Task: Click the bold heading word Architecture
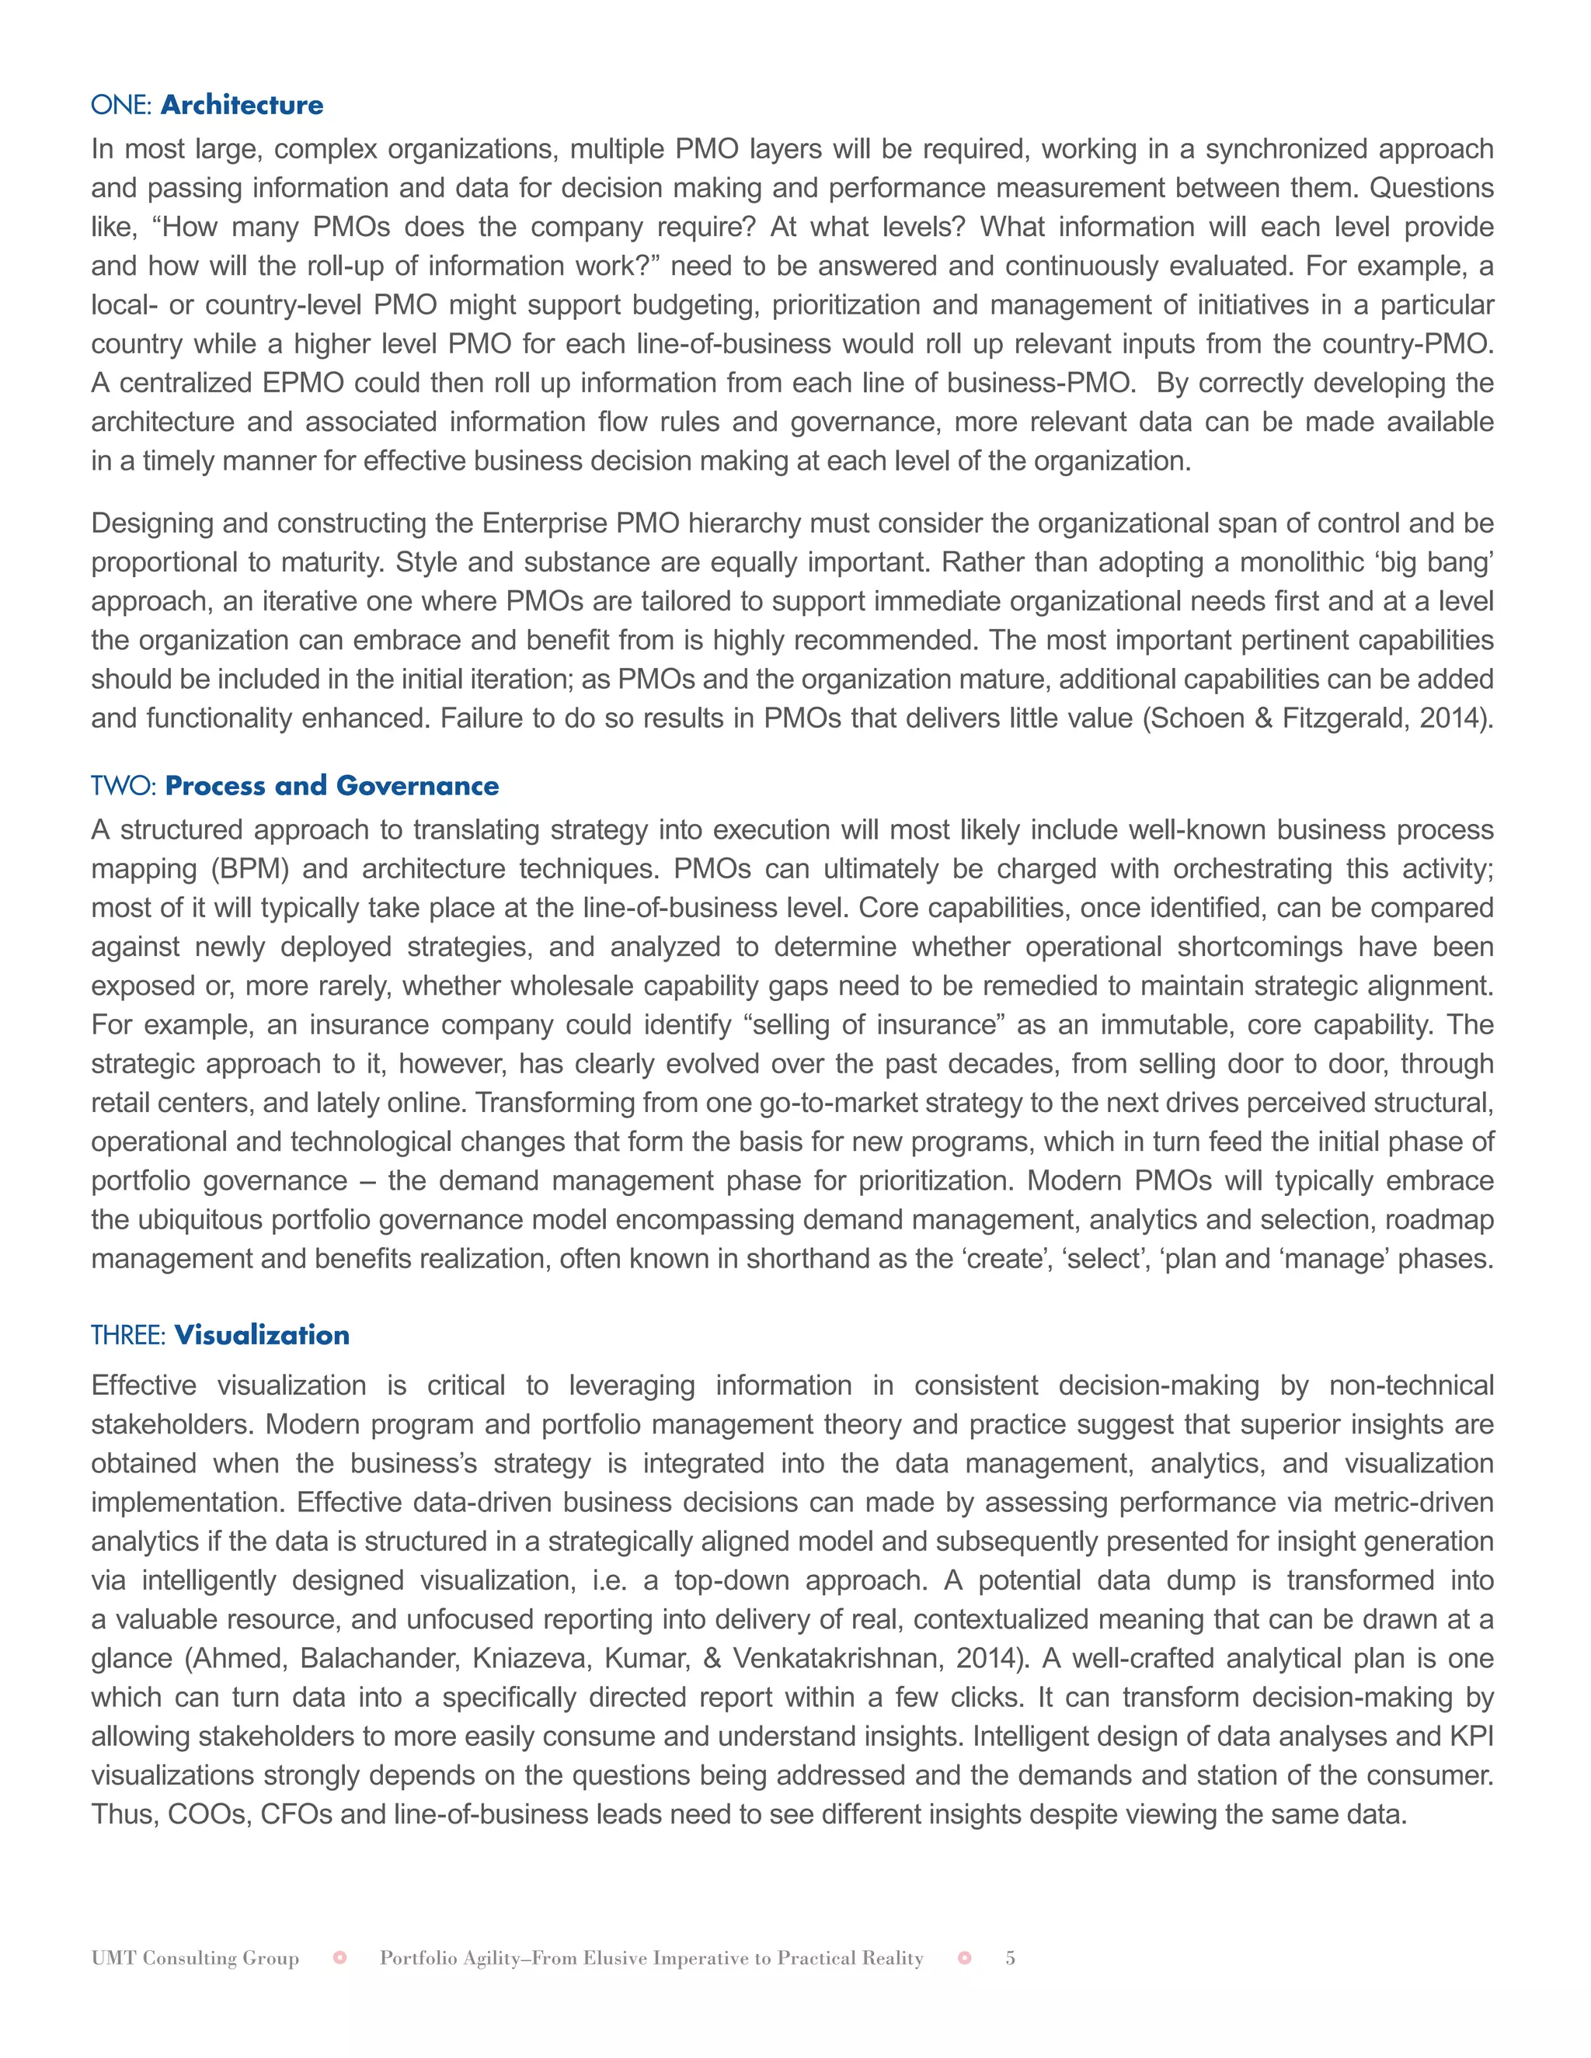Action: [x=242, y=105]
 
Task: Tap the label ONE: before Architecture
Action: [x=122, y=105]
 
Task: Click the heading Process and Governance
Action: [x=332, y=786]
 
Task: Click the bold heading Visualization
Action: [x=262, y=1335]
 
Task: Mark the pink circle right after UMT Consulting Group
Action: [x=340, y=1958]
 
